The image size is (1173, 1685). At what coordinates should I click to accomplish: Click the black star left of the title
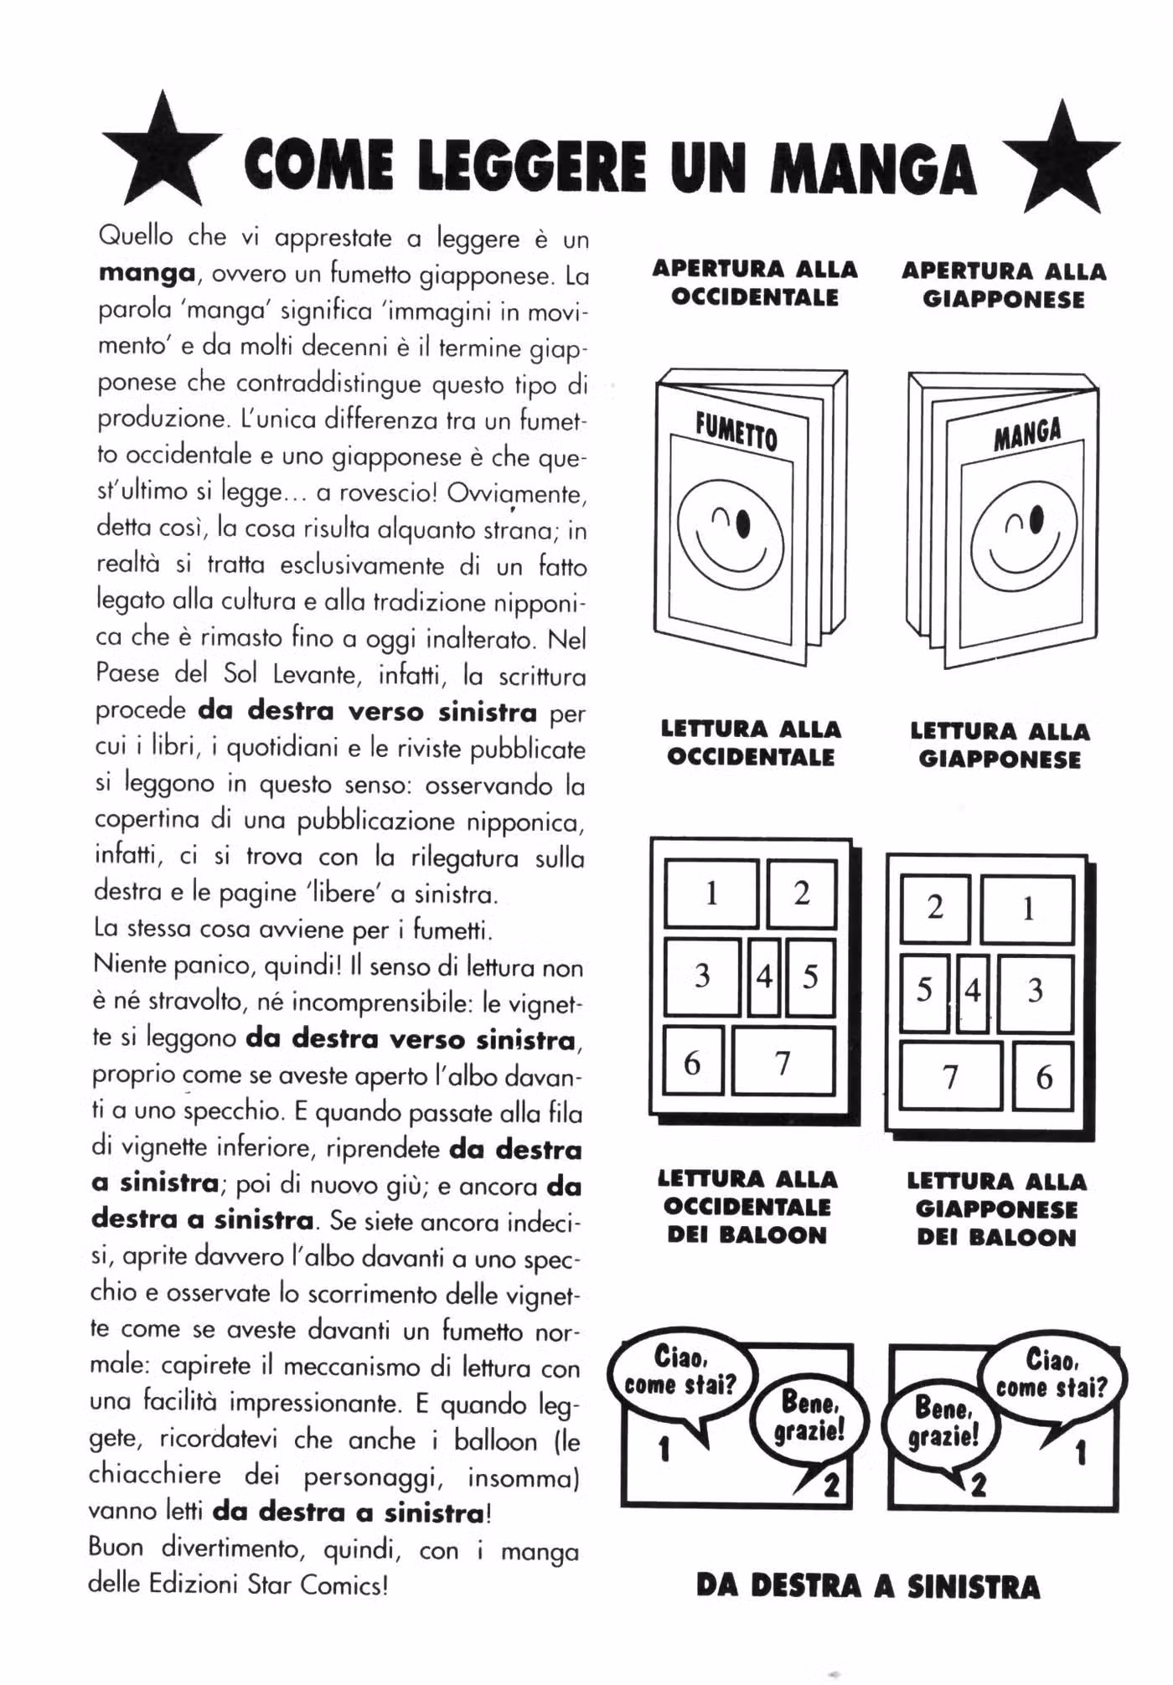point(163,152)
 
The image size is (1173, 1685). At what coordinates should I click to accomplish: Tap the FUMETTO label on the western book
point(736,432)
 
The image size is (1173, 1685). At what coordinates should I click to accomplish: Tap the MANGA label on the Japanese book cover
point(1027,434)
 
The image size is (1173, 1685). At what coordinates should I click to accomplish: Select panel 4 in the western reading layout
point(764,976)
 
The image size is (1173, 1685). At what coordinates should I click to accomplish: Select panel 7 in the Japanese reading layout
point(950,1077)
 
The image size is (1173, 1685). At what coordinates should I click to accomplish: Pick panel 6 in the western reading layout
point(693,1063)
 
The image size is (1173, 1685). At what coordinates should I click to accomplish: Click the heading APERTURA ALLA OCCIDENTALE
point(755,283)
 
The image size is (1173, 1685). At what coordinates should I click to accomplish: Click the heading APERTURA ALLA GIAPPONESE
point(1004,286)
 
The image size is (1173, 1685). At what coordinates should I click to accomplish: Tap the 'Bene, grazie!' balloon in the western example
point(810,1417)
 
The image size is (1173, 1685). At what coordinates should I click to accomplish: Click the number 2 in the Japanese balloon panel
point(979,1485)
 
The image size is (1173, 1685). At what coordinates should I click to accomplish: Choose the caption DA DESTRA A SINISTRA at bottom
point(868,1586)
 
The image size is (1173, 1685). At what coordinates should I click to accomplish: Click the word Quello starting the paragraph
point(136,235)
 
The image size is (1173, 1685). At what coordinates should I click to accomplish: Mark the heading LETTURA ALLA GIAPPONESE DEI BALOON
point(997,1209)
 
